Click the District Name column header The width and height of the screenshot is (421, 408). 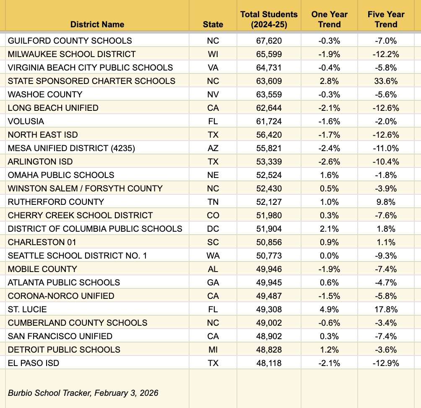click(x=97, y=24)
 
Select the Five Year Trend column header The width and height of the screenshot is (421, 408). click(x=386, y=19)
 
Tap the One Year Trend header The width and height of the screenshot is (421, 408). click(x=329, y=19)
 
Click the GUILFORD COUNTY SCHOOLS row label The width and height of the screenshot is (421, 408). click(x=70, y=41)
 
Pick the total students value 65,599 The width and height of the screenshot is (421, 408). click(x=269, y=54)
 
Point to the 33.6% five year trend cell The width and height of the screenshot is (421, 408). click(x=386, y=81)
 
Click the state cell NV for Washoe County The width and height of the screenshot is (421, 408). click(x=213, y=94)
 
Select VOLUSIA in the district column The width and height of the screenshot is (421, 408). click(x=26, y=121)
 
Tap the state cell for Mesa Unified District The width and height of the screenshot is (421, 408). click(x=213, y=148)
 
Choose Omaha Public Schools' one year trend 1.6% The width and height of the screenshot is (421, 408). click(x=329, y=175)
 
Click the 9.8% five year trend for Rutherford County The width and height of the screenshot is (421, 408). click(x=386, y=202)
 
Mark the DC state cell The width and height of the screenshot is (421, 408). click(x=213, y=229)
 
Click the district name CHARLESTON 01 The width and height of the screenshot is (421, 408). click(x=42, y=242)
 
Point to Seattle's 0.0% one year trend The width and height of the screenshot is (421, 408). click(x=329, y=256)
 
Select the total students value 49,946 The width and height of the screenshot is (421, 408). click(x=269, y=269)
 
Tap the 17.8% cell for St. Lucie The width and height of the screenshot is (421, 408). click(x=386, y=309)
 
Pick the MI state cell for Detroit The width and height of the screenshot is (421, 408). click(x=213, y=350)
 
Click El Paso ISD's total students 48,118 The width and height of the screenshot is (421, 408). click(x=269, y=363)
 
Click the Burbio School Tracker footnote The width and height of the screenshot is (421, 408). click(x=83, y=393)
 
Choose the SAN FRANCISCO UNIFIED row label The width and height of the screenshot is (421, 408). click(x=60, y=336)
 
